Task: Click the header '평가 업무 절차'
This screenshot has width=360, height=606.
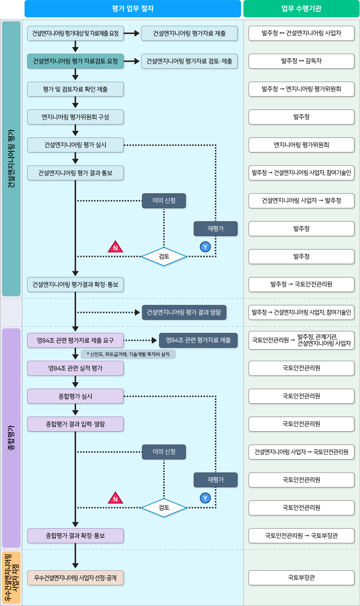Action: (x=133, y=9)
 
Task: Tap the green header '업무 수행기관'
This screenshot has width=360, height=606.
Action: (x=301, y=9)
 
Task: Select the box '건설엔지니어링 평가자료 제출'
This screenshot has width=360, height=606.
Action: (x=189, y=33)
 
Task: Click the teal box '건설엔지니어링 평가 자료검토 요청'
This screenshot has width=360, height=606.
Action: (x=75, y=61)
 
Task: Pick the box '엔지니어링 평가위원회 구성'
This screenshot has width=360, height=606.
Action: (x=75, y=117)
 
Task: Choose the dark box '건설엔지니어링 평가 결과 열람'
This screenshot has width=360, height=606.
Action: (x=184, y=312)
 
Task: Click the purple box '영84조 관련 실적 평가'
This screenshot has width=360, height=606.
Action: (x=75, y=368)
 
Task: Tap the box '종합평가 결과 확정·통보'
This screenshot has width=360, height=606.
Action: (x=75, y=536)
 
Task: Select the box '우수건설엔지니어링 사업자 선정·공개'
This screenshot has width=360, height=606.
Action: (x=75, y=578)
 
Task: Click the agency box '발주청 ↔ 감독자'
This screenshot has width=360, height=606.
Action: (x=301, y=61)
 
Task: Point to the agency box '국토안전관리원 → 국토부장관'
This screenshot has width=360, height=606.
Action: (x=301, y=536)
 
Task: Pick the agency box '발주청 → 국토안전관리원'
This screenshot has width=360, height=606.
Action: (x=301, y=285)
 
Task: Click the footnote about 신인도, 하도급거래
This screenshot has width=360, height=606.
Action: (x=128, y=354)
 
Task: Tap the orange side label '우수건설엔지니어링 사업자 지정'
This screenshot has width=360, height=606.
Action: (x=11, y=578)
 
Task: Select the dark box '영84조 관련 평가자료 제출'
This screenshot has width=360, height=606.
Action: (x=198, y=340)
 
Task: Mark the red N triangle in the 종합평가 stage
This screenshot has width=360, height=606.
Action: (x=115, y=498)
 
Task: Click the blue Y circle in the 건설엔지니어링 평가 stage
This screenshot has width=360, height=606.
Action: (x=205, y=247)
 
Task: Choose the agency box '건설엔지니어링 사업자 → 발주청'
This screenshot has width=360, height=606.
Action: (x=301, y=201)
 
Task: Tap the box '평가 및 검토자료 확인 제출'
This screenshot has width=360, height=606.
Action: (x=75, y=89)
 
